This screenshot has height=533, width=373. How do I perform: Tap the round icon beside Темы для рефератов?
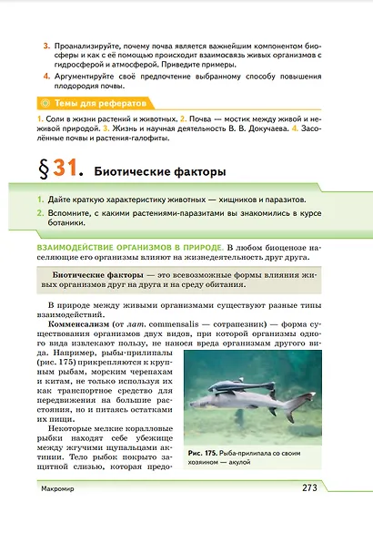click(37, 105)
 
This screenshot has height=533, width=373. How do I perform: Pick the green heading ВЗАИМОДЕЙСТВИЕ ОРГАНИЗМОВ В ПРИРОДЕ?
click(126, 247)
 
